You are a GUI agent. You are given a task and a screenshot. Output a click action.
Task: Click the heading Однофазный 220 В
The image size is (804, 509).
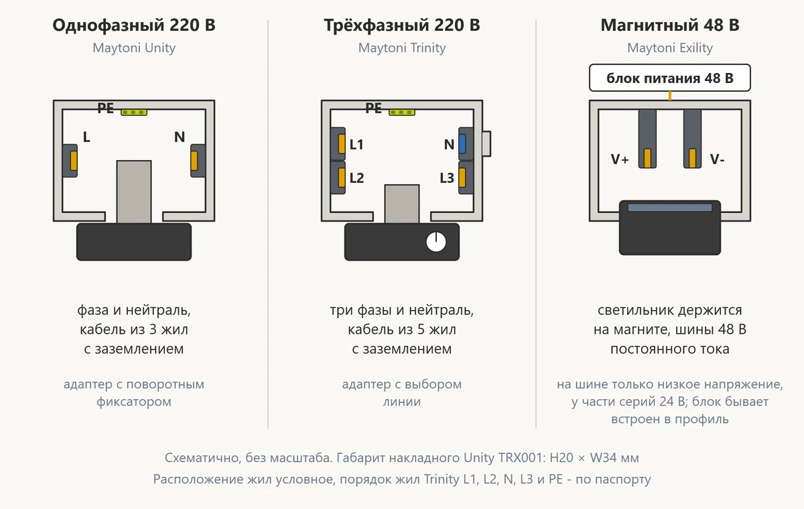[x=134, y=25]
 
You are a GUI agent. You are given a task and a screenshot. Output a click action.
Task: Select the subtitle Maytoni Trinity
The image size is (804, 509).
[x=401, y=48]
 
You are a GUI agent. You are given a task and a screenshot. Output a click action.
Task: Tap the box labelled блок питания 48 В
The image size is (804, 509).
[x=670, y=78]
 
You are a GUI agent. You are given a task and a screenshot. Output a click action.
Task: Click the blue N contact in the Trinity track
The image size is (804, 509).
[x=462, y=144]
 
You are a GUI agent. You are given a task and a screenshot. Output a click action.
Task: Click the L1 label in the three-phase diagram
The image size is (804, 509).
[x=356, y=145]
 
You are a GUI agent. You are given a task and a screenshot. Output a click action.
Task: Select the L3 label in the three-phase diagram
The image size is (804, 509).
[x=447, y=178]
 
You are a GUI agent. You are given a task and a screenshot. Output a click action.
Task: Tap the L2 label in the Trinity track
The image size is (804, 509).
[x=356, y=178]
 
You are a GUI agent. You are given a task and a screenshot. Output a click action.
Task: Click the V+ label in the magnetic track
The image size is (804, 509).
[x=620, y=159]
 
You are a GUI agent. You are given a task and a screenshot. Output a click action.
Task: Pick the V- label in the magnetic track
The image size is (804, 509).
[x=717, y=159]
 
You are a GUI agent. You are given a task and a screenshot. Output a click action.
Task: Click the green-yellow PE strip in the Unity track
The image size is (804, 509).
[x=134, y=113]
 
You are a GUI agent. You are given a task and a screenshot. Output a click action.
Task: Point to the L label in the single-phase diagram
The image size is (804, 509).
[x=86, y=137]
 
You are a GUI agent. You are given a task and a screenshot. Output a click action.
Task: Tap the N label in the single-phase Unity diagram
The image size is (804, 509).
[x=180, y=137]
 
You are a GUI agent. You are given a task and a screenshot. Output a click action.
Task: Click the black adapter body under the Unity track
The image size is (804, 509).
[x=134, y=242]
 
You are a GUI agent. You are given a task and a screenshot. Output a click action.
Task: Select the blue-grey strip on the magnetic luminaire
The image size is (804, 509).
[x=670, y=208]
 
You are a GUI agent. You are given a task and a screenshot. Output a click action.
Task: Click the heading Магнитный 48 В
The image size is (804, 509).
[x=670, y=25]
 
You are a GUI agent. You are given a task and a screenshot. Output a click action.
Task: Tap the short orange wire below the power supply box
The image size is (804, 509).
[x=670, y=96]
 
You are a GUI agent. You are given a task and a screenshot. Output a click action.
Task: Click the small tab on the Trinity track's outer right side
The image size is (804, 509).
[x=486, y=144]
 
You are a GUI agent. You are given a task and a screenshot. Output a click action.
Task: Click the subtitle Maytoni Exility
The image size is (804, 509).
[x=670, y=48]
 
